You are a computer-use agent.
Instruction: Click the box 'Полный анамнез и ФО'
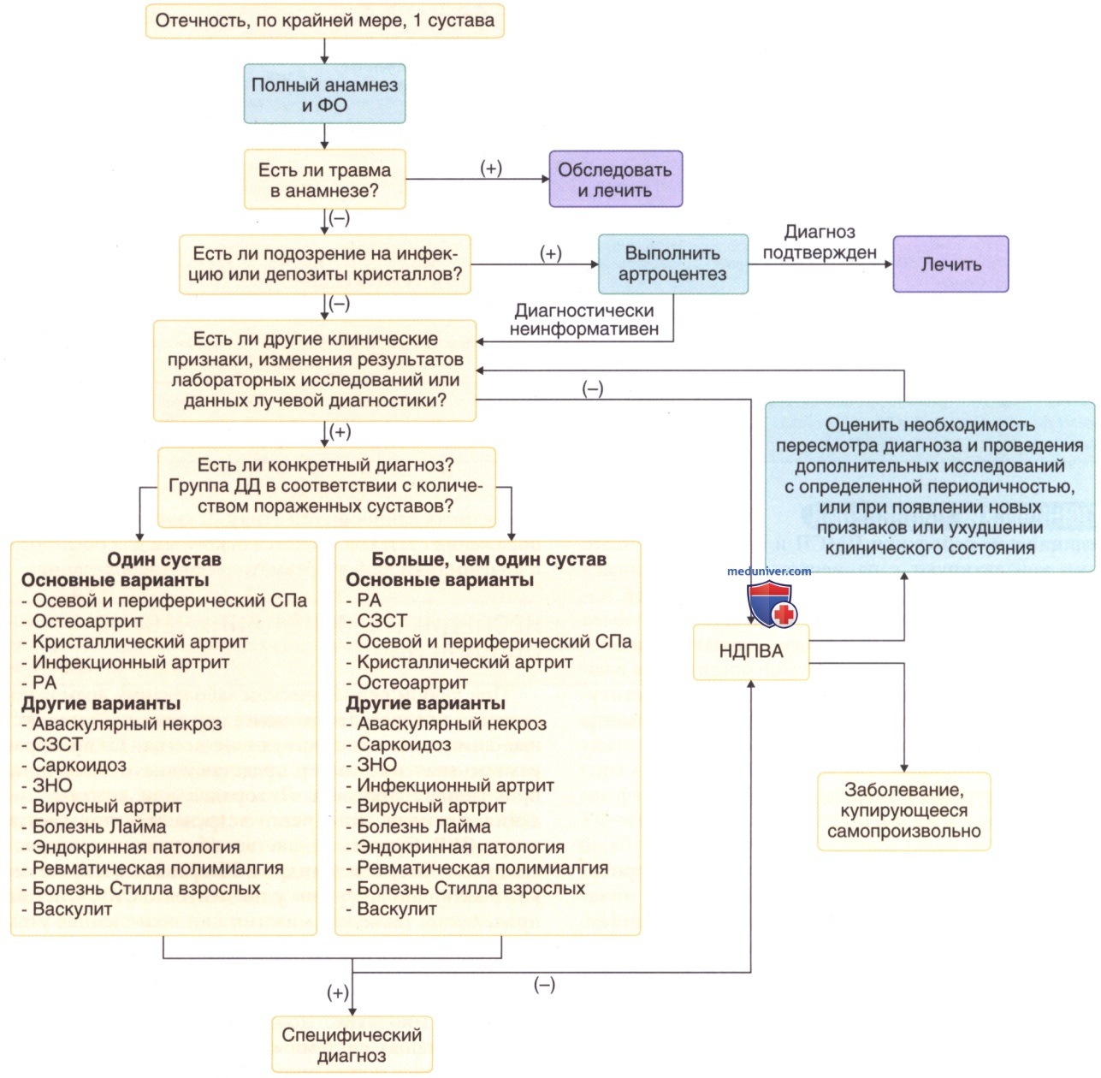(x=324, y=94)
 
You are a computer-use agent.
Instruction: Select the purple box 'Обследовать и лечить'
(x=615, y=179)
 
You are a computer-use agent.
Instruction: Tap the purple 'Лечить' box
(x=950, y=264)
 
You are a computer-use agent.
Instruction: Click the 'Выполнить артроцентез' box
(x=673, y=264)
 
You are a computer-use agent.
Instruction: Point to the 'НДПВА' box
(x=751, y=652)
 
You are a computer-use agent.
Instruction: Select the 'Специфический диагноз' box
(x=352, y=1045)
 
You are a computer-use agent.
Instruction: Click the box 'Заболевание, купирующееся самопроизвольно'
(x=904, y=811)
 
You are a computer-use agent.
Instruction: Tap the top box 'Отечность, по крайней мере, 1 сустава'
(x=324, y=21)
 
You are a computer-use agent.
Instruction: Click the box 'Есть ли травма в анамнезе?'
(x=324, y=180)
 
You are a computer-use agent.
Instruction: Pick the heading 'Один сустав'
(x=164, y=559)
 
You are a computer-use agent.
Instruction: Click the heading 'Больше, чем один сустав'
(x=488, y=559)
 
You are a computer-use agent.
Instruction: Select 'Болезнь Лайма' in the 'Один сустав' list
(x=99, y=826)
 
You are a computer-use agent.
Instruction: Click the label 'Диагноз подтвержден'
(x=820, y=242)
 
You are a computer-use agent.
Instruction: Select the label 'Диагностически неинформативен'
(x=584, y=319)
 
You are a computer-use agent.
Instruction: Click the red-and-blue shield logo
(x=772, y=603)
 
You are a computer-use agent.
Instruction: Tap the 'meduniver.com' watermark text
(x=769, y=571)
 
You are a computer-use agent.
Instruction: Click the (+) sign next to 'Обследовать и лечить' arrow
(x=491, y=168)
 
